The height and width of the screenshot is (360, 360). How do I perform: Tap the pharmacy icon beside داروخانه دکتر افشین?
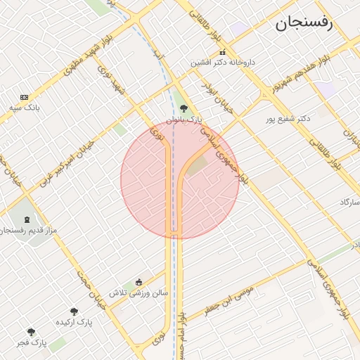pyautogui.click(x=223, y=52)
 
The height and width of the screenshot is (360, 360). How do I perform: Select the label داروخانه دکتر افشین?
pyautogui.click(x=223, y=63)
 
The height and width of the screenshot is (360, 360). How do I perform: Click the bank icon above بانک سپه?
pyautogui.click(x=25, y=97)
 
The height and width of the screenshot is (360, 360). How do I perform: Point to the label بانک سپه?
pyautogui.click(x=25, y=108)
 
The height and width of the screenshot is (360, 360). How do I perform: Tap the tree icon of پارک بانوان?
pyautogui.click(x=184, y=108)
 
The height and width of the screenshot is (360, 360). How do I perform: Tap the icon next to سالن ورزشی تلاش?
pyautogui.click(x=139, y=282)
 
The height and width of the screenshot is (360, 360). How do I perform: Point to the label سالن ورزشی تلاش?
pyautogui.click(x=139, y=292)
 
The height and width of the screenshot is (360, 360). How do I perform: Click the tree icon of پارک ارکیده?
pyautogui.click(x=74, y=311)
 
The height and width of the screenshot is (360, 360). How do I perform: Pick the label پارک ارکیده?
pyautogui.click(x=74, y=322)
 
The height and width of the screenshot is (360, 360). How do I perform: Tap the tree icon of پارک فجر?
pyautogui.click(x=31, y=332)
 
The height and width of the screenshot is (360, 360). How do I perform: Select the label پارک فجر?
pyautogui.click(x=31, y=342)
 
